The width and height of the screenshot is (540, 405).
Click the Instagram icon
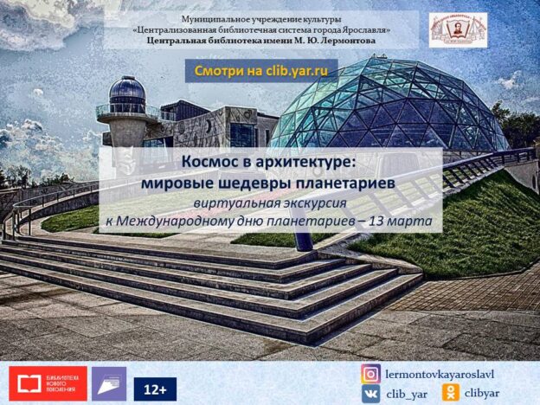point(371,375)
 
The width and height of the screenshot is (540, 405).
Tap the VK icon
point(371,394)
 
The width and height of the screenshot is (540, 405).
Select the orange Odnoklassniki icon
point(450,394)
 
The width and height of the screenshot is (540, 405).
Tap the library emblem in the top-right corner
point(458,30)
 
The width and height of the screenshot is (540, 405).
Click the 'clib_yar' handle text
point(407,394)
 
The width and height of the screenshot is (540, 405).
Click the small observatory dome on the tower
point(127,92)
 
